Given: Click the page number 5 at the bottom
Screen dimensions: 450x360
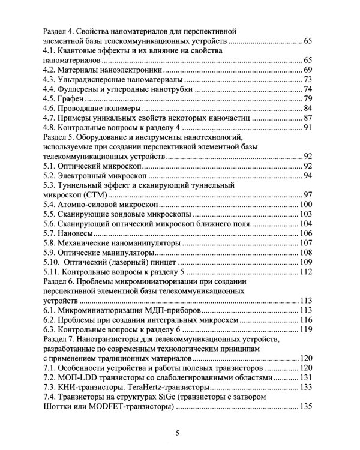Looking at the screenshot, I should [177, 433].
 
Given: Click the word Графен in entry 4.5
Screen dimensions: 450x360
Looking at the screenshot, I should [71, 99].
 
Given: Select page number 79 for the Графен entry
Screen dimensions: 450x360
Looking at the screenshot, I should [308, 99].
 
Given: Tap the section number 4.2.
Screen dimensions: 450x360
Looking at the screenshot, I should [49, 70].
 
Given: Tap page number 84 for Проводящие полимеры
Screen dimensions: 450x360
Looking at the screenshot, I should [308, 109].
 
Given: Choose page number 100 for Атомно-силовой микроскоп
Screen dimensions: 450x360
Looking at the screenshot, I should [306, 205].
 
